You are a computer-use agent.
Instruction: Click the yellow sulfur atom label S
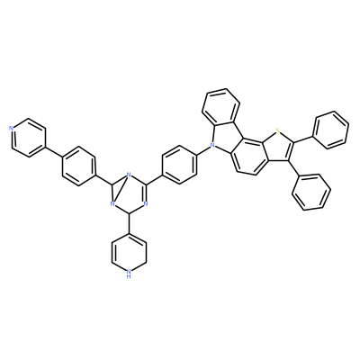[277, 130]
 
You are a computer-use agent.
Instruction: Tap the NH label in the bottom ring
[129, 274]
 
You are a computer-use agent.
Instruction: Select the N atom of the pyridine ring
[11, 129]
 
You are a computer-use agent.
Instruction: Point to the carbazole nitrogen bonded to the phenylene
[212, 146]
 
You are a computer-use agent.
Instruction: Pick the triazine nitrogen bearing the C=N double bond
[146, 204]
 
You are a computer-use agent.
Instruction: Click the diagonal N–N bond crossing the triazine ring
[121, 189]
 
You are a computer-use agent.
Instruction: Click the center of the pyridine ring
[29, 138]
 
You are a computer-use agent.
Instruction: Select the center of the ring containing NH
[129, 253]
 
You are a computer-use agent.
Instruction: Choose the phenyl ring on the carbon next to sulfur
[330, 130]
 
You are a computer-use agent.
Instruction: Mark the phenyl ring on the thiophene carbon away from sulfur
[312, 193]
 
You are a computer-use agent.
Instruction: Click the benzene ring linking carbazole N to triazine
[179, 165]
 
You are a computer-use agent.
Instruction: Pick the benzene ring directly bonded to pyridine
[79, 166]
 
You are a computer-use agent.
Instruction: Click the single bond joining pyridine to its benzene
[54, 152]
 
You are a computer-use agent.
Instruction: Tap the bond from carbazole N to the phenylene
[205, 150]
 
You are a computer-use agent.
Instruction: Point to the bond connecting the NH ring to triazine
[129, 223]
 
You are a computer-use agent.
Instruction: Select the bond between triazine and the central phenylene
[154, 179]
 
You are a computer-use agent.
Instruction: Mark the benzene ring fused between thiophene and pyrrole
[249, 157]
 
